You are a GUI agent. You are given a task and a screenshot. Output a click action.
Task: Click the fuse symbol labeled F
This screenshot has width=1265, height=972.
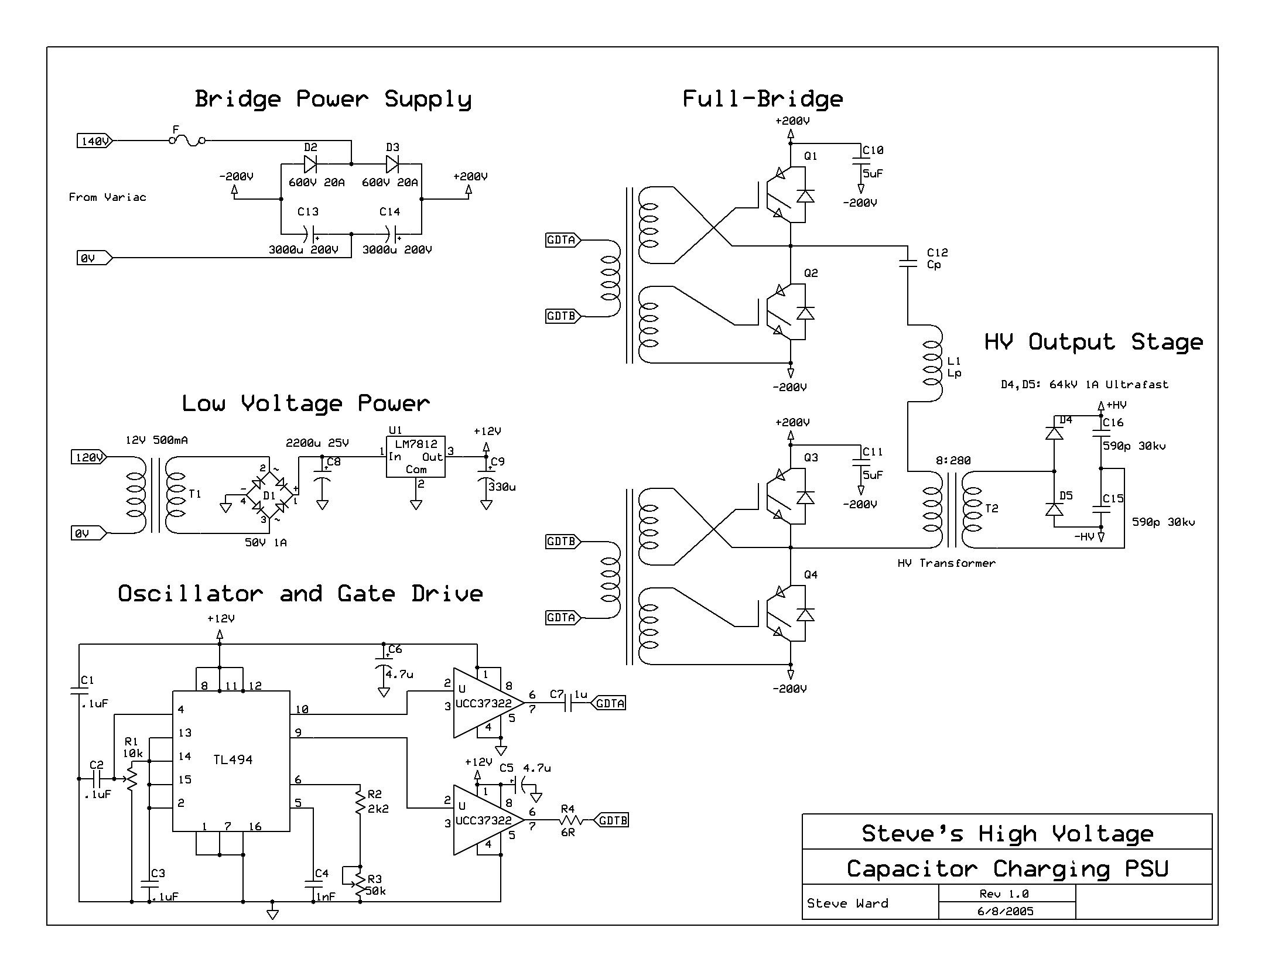coord(187,141)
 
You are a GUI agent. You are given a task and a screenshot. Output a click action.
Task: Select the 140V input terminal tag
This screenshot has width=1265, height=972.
coord(94,141)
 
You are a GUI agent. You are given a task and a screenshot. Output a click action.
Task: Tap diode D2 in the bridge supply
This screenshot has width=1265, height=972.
coord(310,164)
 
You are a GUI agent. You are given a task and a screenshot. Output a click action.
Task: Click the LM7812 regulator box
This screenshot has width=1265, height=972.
coord(415,457)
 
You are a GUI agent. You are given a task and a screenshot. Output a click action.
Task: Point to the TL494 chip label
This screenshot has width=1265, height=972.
coord(233,759)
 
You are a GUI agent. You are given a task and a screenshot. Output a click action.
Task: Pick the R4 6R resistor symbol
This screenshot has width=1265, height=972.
coord(568,820)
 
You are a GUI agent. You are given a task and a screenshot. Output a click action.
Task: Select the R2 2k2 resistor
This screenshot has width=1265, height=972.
coord(360,802)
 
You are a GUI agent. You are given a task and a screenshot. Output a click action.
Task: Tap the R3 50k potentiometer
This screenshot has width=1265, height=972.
coord(360,884)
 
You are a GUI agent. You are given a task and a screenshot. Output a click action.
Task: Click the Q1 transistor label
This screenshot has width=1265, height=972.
coord(811,156)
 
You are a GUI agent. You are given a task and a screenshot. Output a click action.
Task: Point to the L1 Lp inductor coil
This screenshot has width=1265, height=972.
coord(931,363)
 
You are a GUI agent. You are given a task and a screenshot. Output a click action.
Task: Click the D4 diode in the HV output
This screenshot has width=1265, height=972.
coord(1054,433)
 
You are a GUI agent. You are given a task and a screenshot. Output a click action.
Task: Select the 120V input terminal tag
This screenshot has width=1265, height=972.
coord(88,457)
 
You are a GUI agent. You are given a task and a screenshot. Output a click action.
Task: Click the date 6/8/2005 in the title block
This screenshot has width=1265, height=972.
coord(1006,911)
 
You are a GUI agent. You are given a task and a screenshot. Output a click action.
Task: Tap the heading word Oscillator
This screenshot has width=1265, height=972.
coord(191,594)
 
